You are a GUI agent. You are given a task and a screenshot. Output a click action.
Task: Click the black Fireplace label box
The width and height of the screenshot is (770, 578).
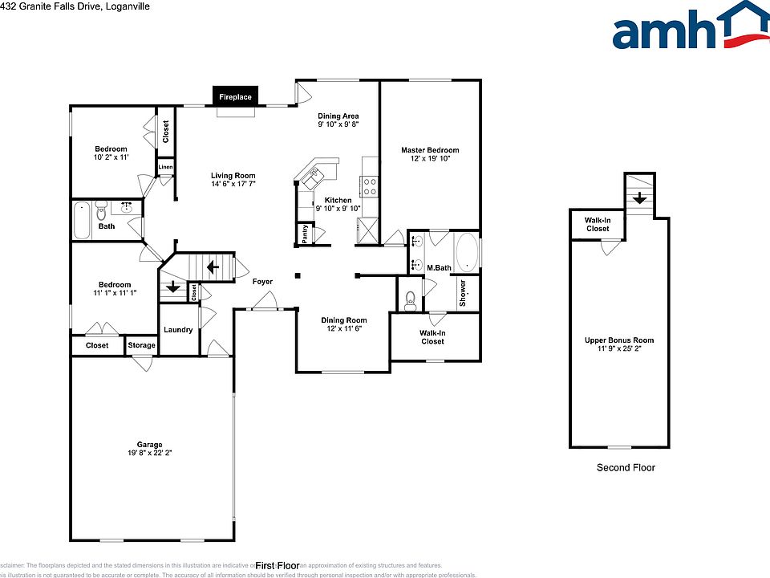[x=236, y=97]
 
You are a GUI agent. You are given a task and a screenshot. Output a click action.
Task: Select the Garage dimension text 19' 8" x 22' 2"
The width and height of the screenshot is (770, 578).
[x=149, y=454]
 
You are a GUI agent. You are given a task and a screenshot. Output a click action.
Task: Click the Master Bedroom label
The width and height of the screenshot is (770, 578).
[x=430, y=150]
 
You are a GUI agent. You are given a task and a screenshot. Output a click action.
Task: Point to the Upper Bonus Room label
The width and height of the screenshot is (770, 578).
[x=618, y=340]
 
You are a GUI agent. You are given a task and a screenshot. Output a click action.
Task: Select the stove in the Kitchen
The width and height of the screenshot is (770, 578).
[x=370, y=186]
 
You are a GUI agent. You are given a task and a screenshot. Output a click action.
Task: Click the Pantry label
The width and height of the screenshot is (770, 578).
[x=305, y=234]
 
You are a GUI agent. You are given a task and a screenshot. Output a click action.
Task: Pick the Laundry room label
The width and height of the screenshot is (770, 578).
[x=178, y=330]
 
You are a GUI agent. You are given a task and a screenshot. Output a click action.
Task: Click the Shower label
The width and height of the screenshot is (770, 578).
[x=463, y=293]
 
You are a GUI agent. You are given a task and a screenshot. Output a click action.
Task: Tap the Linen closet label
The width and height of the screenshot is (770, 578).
[x=165, y=167]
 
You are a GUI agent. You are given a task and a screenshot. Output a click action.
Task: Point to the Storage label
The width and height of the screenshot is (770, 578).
[x=141, y=346]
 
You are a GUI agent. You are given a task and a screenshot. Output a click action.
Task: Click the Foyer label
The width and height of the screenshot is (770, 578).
[x=261, y=282]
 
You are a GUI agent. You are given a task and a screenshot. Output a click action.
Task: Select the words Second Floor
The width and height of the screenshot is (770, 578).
[x=626, y=467]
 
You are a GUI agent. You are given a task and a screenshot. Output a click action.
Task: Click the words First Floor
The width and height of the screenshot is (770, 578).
[x=277, y=565]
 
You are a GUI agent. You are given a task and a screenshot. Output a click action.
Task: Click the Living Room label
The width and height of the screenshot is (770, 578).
[x=233, y=176]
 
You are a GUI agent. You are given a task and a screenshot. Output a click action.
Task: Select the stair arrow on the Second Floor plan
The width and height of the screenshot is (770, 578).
[x=638, y=197]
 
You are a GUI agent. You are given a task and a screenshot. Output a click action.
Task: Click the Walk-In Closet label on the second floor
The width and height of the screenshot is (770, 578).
[x=596, y=224]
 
